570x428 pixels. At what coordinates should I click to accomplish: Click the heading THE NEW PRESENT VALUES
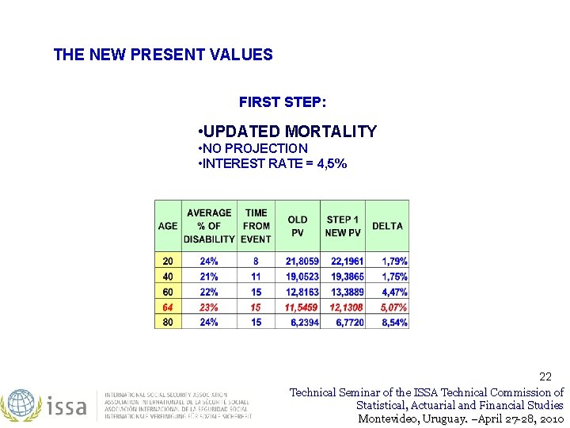pyautogui.click(x=162, y=55)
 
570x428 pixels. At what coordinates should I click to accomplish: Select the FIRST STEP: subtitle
pyautogui.click(x=282, y=103)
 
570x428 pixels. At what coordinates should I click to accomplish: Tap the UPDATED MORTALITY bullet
pyautogui.click(x=287, y=132)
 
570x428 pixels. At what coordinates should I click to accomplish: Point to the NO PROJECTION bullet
pyautogui.click(x=253, y=148)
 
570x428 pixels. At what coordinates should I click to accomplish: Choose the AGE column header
pyautogui.click(x=168, y=226)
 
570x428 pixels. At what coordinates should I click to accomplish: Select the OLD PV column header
pyautogui.click(x=298, y=226)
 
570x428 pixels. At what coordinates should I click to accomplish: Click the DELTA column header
pyautogui.click(x=387, y=226)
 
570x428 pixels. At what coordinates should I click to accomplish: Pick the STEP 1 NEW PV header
pyautogui.click(x=343, y=226)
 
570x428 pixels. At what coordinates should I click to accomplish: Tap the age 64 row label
pyautogui.click(x=168, y=307)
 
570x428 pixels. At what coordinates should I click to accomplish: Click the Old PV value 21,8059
pyautogui.click(x=302, y=262)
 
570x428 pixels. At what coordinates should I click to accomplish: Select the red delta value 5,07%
pyautogui.click(x=393, y=307)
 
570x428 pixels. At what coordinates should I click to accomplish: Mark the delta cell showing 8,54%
pyautogui.click(x=393, y=323)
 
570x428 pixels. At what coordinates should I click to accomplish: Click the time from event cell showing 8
pyautogui.click(x=256, y=262)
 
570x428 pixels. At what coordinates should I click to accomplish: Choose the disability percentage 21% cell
pyautogui.click(x=209, y=277)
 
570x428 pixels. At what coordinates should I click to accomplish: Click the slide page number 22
pyautogui.click(x=545, y=376)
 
